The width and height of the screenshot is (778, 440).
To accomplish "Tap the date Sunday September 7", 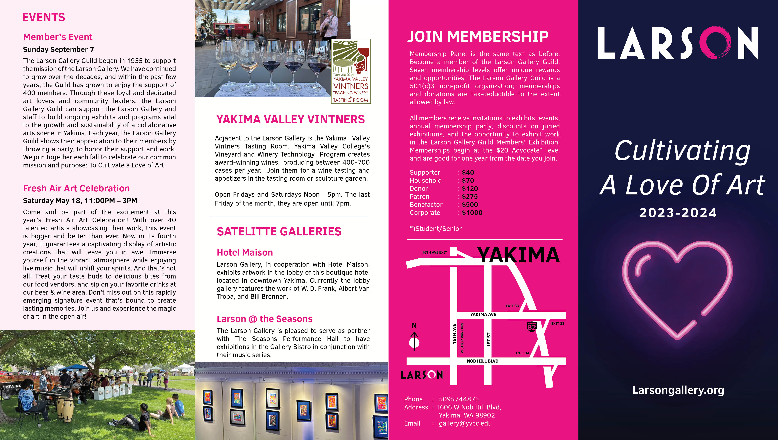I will [x=58, y=49].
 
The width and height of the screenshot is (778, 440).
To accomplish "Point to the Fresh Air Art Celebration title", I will [x=76, y=188].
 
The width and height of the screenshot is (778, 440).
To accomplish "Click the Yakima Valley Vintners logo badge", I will [x=351, y=71].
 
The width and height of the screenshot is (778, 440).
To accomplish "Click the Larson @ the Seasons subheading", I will [x=264, y=319].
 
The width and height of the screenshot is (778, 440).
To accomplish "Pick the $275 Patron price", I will [x=470, y=196].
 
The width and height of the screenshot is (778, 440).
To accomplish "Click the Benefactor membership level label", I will [x=426, y=205].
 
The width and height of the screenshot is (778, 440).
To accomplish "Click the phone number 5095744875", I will [x=459, y=399].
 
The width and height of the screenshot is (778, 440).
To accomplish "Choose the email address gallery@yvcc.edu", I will [x=465, y=423].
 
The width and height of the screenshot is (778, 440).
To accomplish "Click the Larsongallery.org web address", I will [x=678, y=390].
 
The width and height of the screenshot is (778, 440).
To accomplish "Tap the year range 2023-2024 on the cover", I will [x=678, y=213].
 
